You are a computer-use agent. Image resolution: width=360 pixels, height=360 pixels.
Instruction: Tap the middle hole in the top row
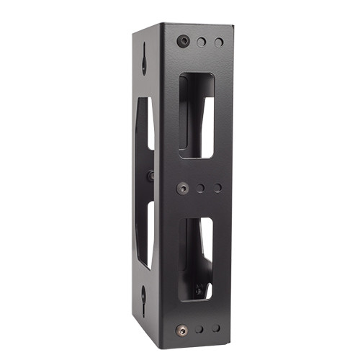pyautogui.click(x=202, y=43)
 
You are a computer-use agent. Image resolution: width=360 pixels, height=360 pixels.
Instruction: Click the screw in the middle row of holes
pyautogui.click(x=185, y=187)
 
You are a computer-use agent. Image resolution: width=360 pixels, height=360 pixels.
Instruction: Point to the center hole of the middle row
pyautogui.click(x=201, y=188)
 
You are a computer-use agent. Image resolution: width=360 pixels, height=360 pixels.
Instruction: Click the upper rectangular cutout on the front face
pyautogui.click(x=196, y=115)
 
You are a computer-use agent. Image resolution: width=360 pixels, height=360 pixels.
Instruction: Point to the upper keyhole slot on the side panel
pyautogui.click(x=144, y=59)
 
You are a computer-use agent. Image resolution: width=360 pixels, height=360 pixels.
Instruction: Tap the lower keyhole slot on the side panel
pyautogui.click(x=144, y=295)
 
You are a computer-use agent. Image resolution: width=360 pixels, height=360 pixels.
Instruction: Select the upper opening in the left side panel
pyautogui.click(x=145, y=133)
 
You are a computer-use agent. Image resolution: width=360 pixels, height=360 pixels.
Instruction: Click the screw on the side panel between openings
pyautogui.click(x=150, y=176)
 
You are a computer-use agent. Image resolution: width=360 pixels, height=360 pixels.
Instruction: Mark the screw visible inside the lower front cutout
pyautogui.click(x=199, y=289)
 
